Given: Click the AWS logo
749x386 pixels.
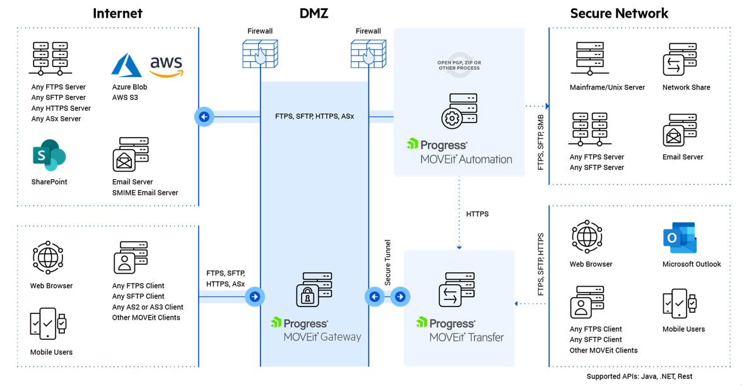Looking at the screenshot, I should (x=166, y=66).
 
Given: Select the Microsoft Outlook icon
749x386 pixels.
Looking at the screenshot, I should (x=680, y=238).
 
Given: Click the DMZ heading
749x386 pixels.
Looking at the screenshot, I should (x=314, y=13).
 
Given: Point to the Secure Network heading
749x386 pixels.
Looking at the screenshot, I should (x=618, y=13).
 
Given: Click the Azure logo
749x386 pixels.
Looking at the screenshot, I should (x=127, y=66).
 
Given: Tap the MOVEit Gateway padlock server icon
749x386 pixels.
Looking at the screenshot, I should (x=314, y=290).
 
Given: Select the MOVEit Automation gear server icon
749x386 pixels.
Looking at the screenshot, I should (x=459, y=112).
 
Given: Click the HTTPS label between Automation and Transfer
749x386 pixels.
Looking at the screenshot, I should (x=477, y=214).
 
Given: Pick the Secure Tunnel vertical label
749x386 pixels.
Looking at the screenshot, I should (x=387, y=262).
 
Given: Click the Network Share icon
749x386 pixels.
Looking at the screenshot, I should (x=680, y=60).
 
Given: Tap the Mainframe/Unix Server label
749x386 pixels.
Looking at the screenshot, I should (x=607, y=88).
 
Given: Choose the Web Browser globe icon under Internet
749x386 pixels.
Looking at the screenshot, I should (x=48, y=258).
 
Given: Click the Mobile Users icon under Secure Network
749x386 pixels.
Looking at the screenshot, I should (x=680, y=305).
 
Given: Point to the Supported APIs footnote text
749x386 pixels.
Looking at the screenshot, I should (x=639, y=377).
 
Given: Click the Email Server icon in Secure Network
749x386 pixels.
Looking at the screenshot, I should (x=680, y=130).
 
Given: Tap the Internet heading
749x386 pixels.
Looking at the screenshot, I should (x=117, y=13).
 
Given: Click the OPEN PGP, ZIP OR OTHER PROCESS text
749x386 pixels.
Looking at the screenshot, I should (x=459, y=65).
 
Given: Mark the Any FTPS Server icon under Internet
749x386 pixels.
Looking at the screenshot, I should (x=50, y=59).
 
